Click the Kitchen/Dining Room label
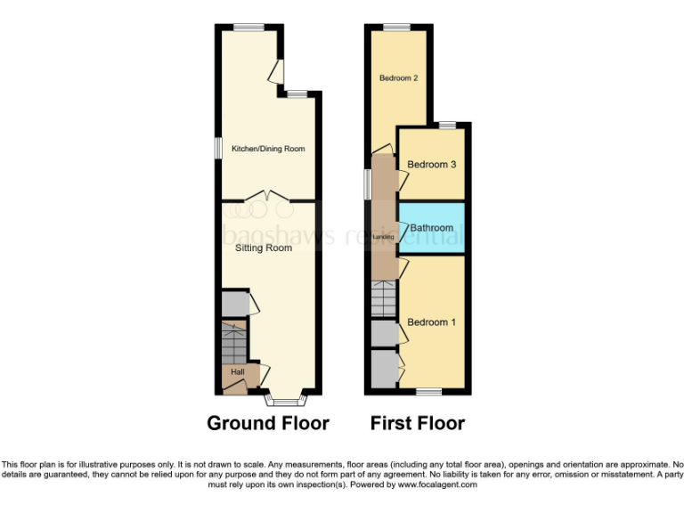click(x=268, y=149)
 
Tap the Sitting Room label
click(x=264, y=248)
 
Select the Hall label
click(x=238, y=371)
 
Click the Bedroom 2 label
click(x=399, y=78)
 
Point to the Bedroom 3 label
click(x=432, y=165)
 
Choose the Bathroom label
click(x=432, y=228)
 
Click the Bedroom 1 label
click(x=432, y=322)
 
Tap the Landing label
click(x=384, y=237)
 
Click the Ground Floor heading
click(x=268, y=423)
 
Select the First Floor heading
click(x=418, y=423)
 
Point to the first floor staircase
click(x=384, y=297)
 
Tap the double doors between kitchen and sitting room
click(x=266, y=196)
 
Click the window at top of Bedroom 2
click(x=397, y=28)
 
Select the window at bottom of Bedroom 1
click(x=429, y=392)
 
